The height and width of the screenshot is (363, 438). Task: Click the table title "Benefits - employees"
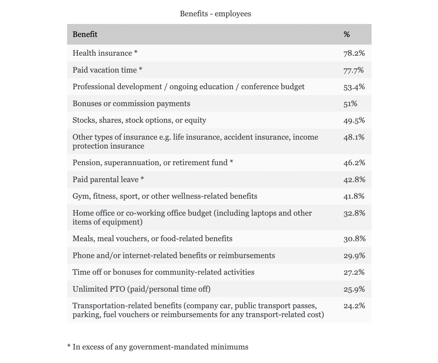(215, 14)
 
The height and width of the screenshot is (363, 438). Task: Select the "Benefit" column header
(85, 34)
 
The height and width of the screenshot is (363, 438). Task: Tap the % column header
(347, 34)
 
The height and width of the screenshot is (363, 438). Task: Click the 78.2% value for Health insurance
(354, 53)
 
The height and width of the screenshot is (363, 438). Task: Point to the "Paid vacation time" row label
(105, 70)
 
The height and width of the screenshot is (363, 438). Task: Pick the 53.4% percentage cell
(354, 87)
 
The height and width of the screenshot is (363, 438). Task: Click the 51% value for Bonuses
(350, 104)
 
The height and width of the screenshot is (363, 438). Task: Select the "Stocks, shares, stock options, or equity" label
(139, 120)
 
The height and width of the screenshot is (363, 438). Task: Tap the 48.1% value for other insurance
(354, 137)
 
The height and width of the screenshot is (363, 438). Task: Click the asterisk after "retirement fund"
(231, 162)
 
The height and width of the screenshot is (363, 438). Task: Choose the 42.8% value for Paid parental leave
(354, 180)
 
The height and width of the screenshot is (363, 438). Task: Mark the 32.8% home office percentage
(354, 213)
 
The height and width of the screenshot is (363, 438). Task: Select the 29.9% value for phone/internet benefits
(354, 256)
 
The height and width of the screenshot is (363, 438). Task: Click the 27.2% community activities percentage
(354, 272)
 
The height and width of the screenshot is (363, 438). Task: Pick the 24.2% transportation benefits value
(354, 306)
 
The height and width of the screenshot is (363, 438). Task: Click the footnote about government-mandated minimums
(158, 347)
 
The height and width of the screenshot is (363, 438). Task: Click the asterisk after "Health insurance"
(136, 53)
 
